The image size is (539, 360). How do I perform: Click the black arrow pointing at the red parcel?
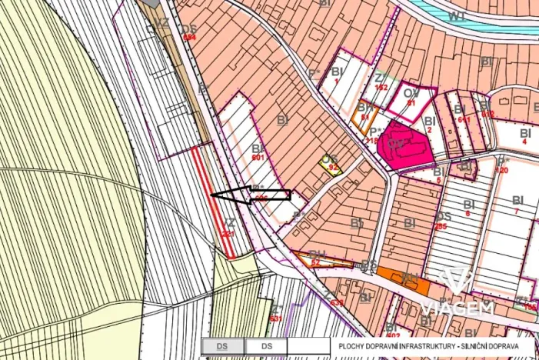pos(251,195)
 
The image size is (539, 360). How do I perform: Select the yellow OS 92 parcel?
pos(331,165)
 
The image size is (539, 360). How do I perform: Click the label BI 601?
pos(258,153)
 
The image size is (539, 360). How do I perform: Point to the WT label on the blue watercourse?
pos(457,15)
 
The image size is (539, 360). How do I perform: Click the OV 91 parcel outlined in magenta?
pos(411,99)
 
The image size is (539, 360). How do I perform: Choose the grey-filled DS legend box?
pos(222,347)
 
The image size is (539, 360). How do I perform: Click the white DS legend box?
pos(266,347)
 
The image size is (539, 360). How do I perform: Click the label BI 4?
pos(525,137)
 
